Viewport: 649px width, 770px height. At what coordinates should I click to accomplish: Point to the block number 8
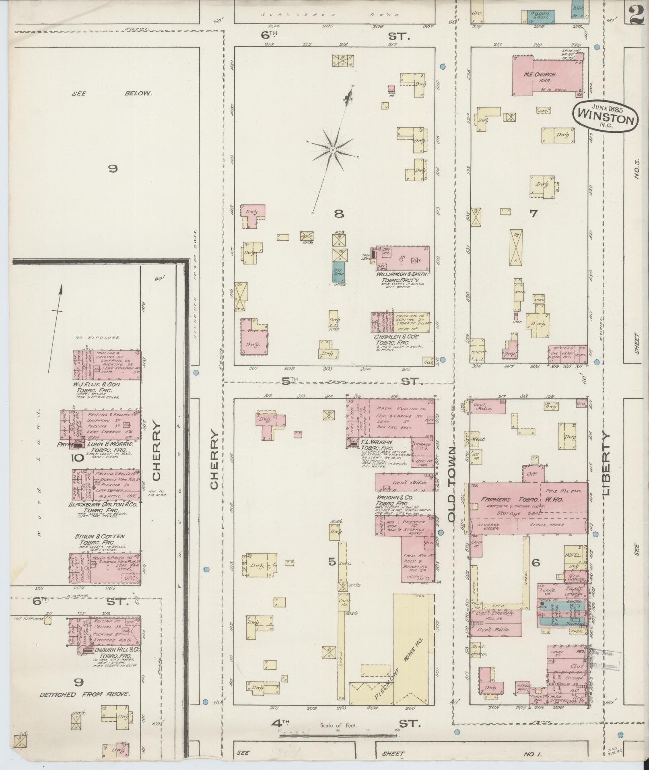click(339, 214)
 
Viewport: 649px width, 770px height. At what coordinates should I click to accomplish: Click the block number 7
click(533, 214)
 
